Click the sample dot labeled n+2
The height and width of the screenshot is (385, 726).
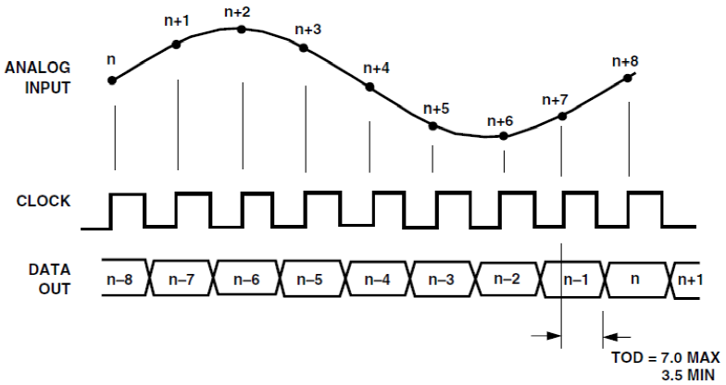242,29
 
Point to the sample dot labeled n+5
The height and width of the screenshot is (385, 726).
432,125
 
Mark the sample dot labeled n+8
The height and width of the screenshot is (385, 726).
628,77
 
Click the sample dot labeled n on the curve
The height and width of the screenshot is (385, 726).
113,80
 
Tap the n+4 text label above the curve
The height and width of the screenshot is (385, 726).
376,68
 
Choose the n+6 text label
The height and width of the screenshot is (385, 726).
500,121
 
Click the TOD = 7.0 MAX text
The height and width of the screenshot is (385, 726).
664,358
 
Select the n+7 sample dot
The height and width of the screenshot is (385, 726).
562,116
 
